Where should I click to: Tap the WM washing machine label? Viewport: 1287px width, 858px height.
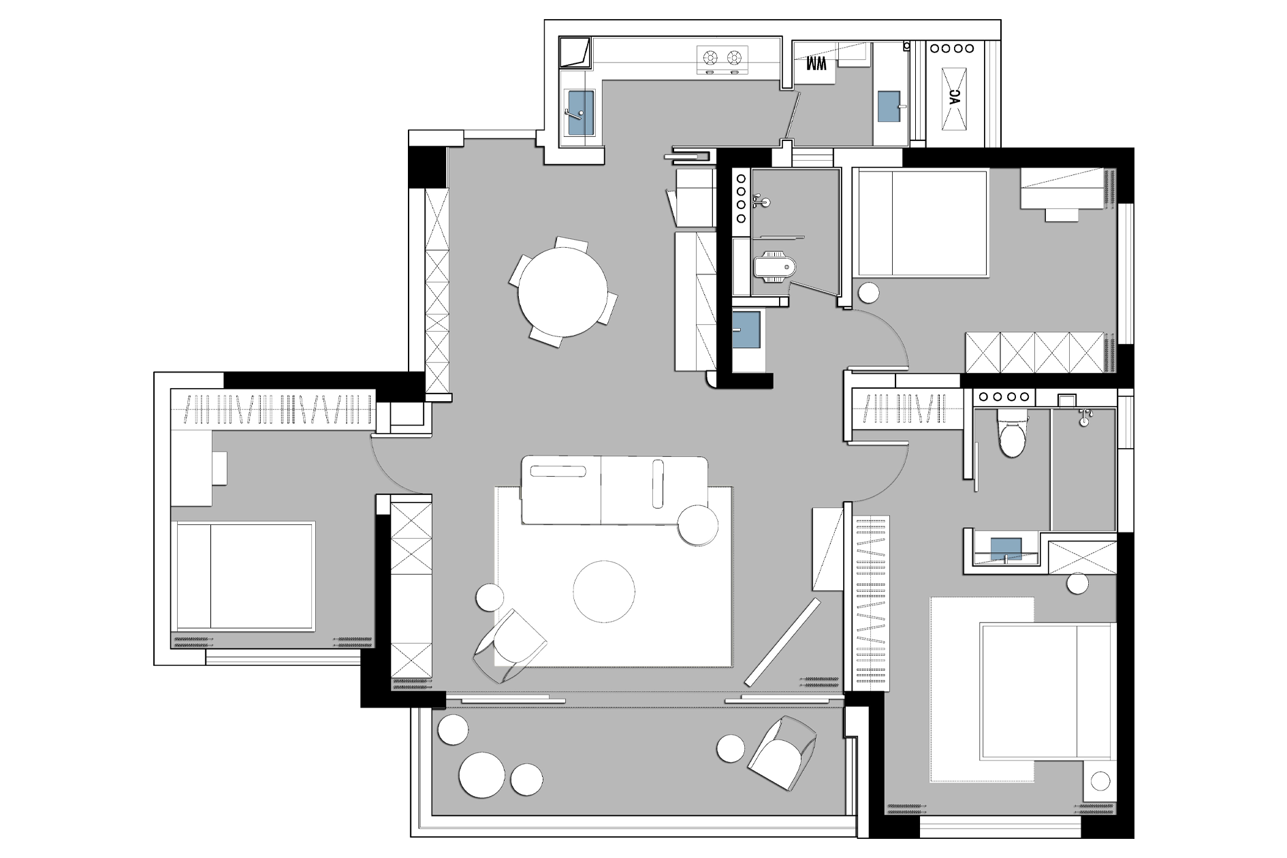pos(816,65)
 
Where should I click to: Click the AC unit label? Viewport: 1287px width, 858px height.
pos(954,97)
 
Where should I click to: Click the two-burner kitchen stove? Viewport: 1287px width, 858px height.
pos(722,60)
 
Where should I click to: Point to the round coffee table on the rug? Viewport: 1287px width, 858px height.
pos(604,591)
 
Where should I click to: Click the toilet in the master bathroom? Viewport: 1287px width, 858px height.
pos(1011,433)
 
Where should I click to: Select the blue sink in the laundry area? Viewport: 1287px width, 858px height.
pos(889,107)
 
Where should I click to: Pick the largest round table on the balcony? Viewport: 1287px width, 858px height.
pos(482,775)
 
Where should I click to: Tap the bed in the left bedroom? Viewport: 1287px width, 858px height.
pos(243,576)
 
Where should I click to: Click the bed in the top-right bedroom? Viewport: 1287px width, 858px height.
pos(921,223)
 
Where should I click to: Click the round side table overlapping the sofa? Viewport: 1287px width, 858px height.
pos(698,526)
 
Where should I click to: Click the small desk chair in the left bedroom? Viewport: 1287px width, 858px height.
pos(219,468)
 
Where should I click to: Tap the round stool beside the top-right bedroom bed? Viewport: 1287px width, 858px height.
pos(868,293)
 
